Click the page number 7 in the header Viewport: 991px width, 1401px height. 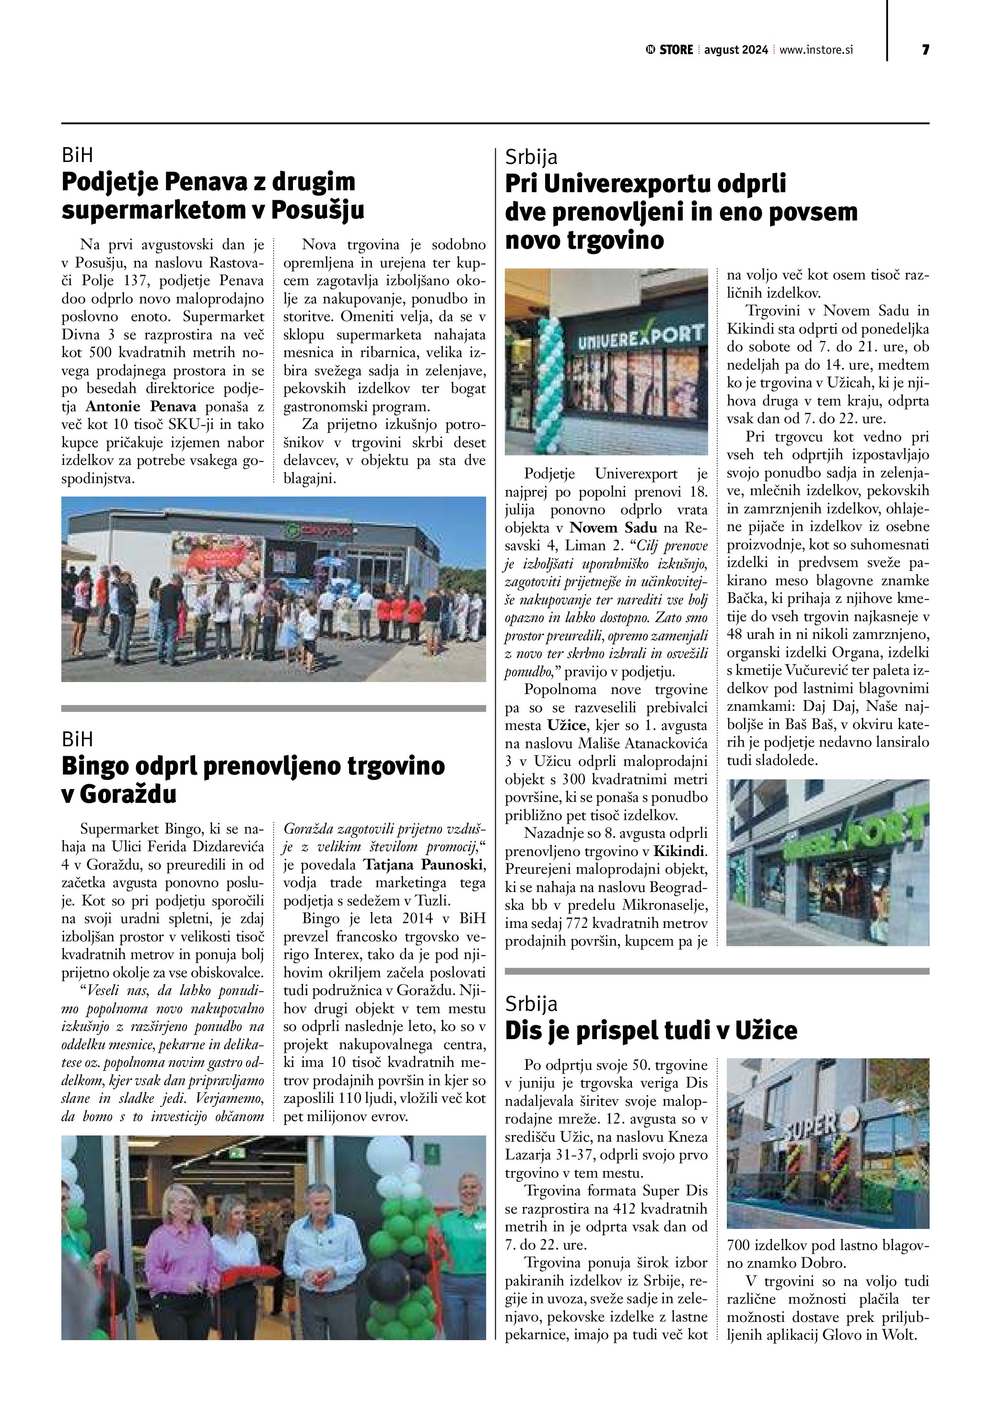(x=925, y=50)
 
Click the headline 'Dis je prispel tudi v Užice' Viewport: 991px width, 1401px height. (x=651, y=1030)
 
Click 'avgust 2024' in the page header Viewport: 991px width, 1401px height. (x=736, y=50)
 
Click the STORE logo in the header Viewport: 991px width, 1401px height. (x=669, y=50)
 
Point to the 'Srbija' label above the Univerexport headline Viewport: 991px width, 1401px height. (x=531, y=157)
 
